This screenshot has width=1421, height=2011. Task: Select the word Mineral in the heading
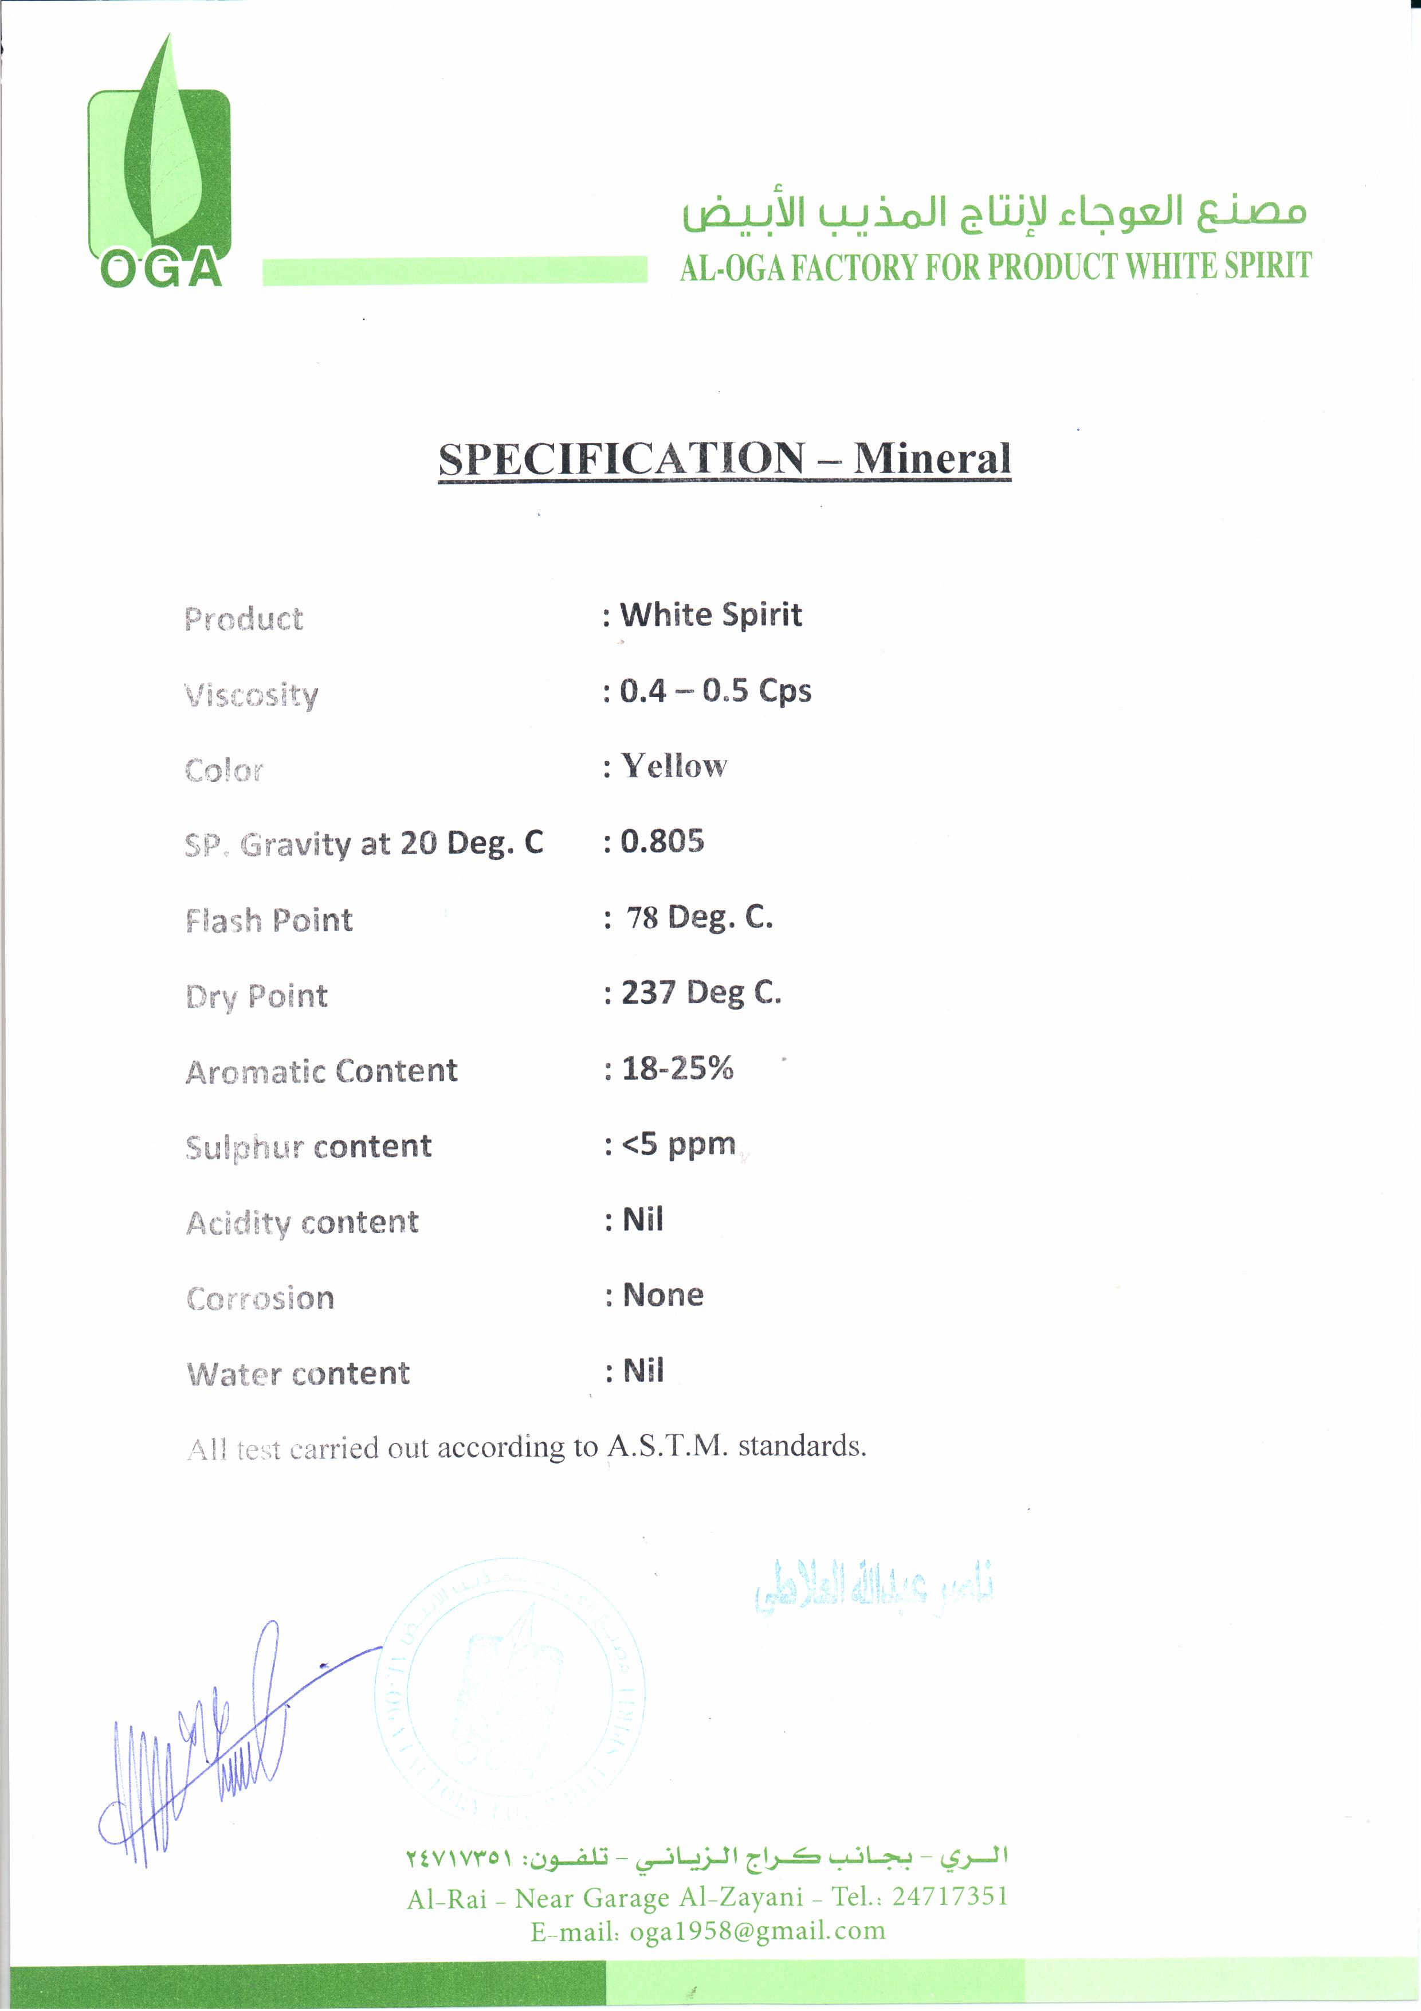pyautogui.click(x=932, y=459)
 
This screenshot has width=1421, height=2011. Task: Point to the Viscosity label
pyautogui.click(x=252, y=695)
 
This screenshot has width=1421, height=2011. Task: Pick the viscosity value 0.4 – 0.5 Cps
pyautogui.click(x=715, y=691)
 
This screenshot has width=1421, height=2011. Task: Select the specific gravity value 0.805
pyautogui.click(x=662, y=842)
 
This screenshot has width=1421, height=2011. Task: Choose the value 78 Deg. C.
pyautogui.click(x=698, y=918)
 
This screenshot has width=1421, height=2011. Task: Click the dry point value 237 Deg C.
pyautogui.click(x=700, y=993)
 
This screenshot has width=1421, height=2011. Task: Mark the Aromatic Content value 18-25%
pyautogui.click(x=677, y=1069)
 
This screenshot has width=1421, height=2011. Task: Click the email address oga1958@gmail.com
pyautogui.click(x=757, y=1931)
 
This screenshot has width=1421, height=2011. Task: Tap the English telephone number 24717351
pyautogui.click(x=950, y=1896)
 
